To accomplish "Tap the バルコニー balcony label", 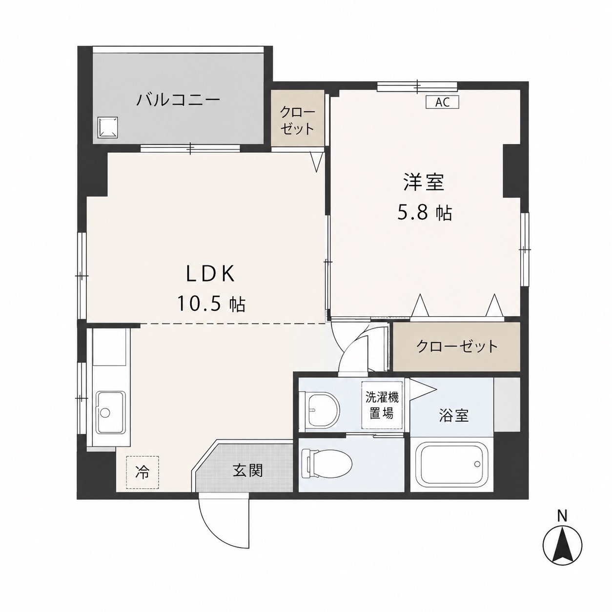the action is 178,100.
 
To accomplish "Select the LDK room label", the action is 210,274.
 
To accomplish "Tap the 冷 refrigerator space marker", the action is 142,472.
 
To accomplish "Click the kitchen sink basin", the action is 110,412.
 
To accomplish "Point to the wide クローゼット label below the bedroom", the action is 457,346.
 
